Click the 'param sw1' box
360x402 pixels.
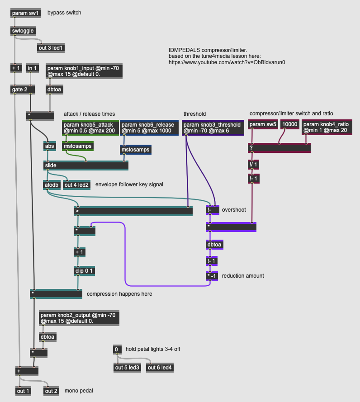point(25,13)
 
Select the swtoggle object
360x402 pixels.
point(23,31)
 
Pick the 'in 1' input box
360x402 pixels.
point(33,68)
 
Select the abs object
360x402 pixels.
point(49,146)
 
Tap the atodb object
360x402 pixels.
point(52,184)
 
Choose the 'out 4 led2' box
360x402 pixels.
point(76,184)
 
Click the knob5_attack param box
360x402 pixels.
point(90,128)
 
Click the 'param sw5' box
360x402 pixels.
point(263,124)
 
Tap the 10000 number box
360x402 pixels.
point(289,124)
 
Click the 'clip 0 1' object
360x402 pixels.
point(85,271)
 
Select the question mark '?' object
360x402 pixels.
point(279,147)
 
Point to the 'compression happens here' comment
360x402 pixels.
point(119,294)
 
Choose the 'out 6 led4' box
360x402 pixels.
point(160,368)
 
